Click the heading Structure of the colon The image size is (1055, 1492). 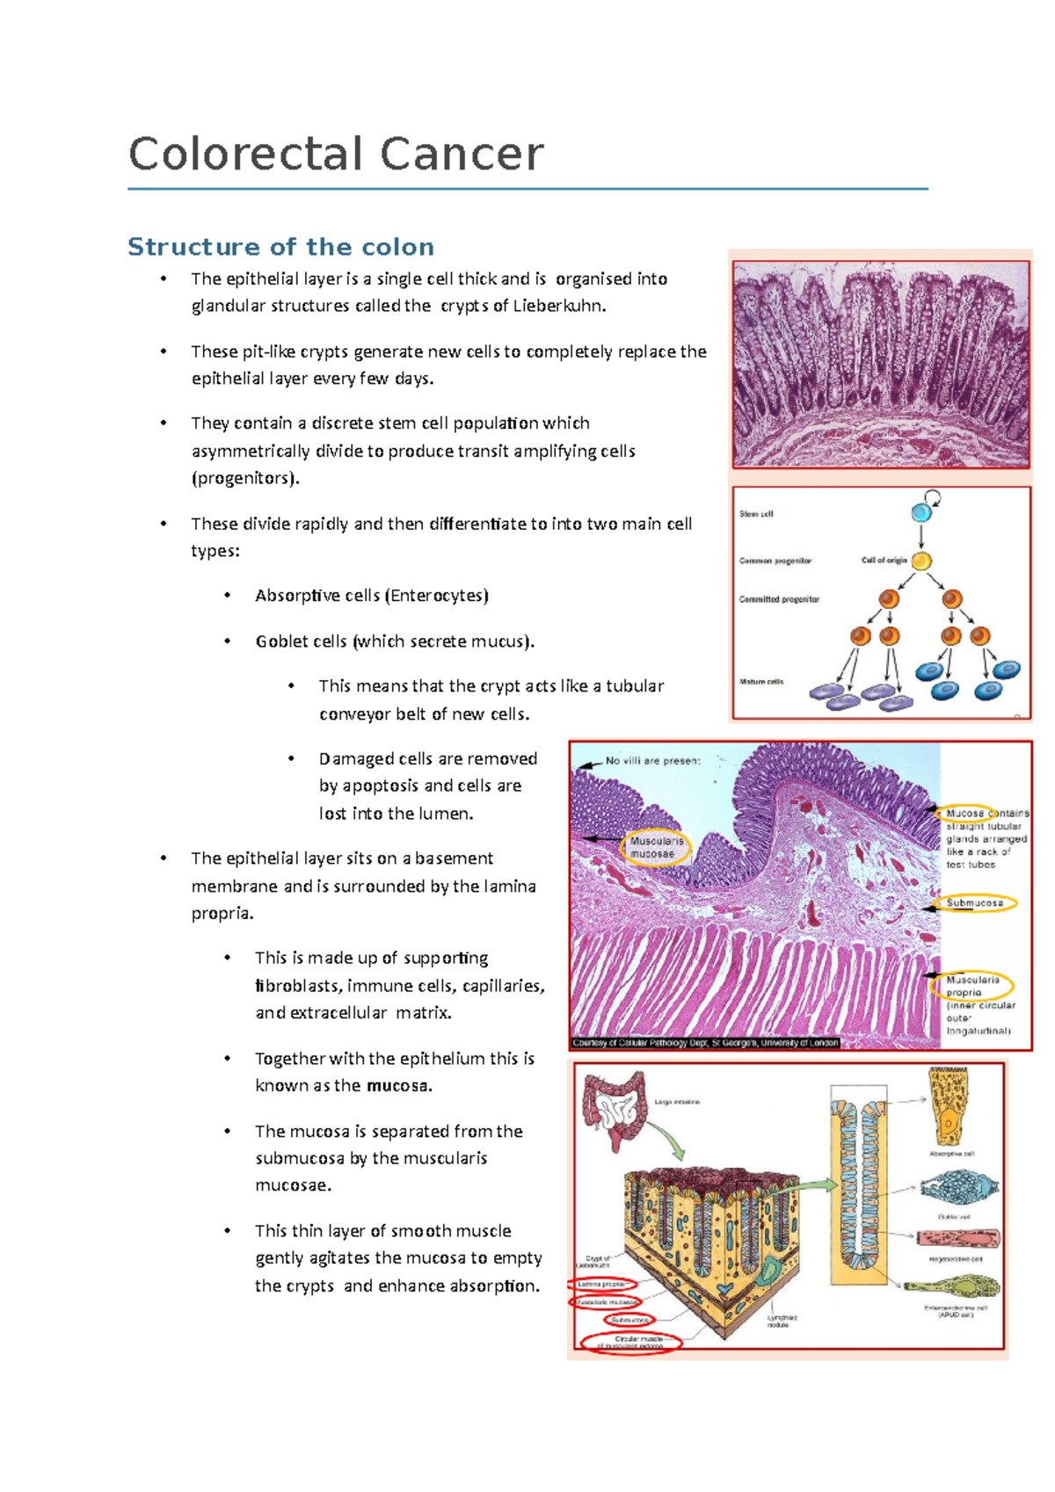280,247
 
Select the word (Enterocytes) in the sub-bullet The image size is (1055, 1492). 437,596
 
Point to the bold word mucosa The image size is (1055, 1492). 398,1086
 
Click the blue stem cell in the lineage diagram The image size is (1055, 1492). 920,512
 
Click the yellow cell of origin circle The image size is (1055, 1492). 920,561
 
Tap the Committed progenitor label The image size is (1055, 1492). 779,599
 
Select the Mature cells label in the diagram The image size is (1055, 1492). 761,682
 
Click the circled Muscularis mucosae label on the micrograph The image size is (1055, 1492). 656,847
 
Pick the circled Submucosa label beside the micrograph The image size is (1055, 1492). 974,902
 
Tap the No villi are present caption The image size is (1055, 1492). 652,761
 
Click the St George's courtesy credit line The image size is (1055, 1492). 705,1043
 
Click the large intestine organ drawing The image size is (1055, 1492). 615,1108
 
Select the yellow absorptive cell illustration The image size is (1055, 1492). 950,1107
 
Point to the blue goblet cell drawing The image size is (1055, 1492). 948,1189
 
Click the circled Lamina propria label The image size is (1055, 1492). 602,1285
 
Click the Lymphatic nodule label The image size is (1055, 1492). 782,1320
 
